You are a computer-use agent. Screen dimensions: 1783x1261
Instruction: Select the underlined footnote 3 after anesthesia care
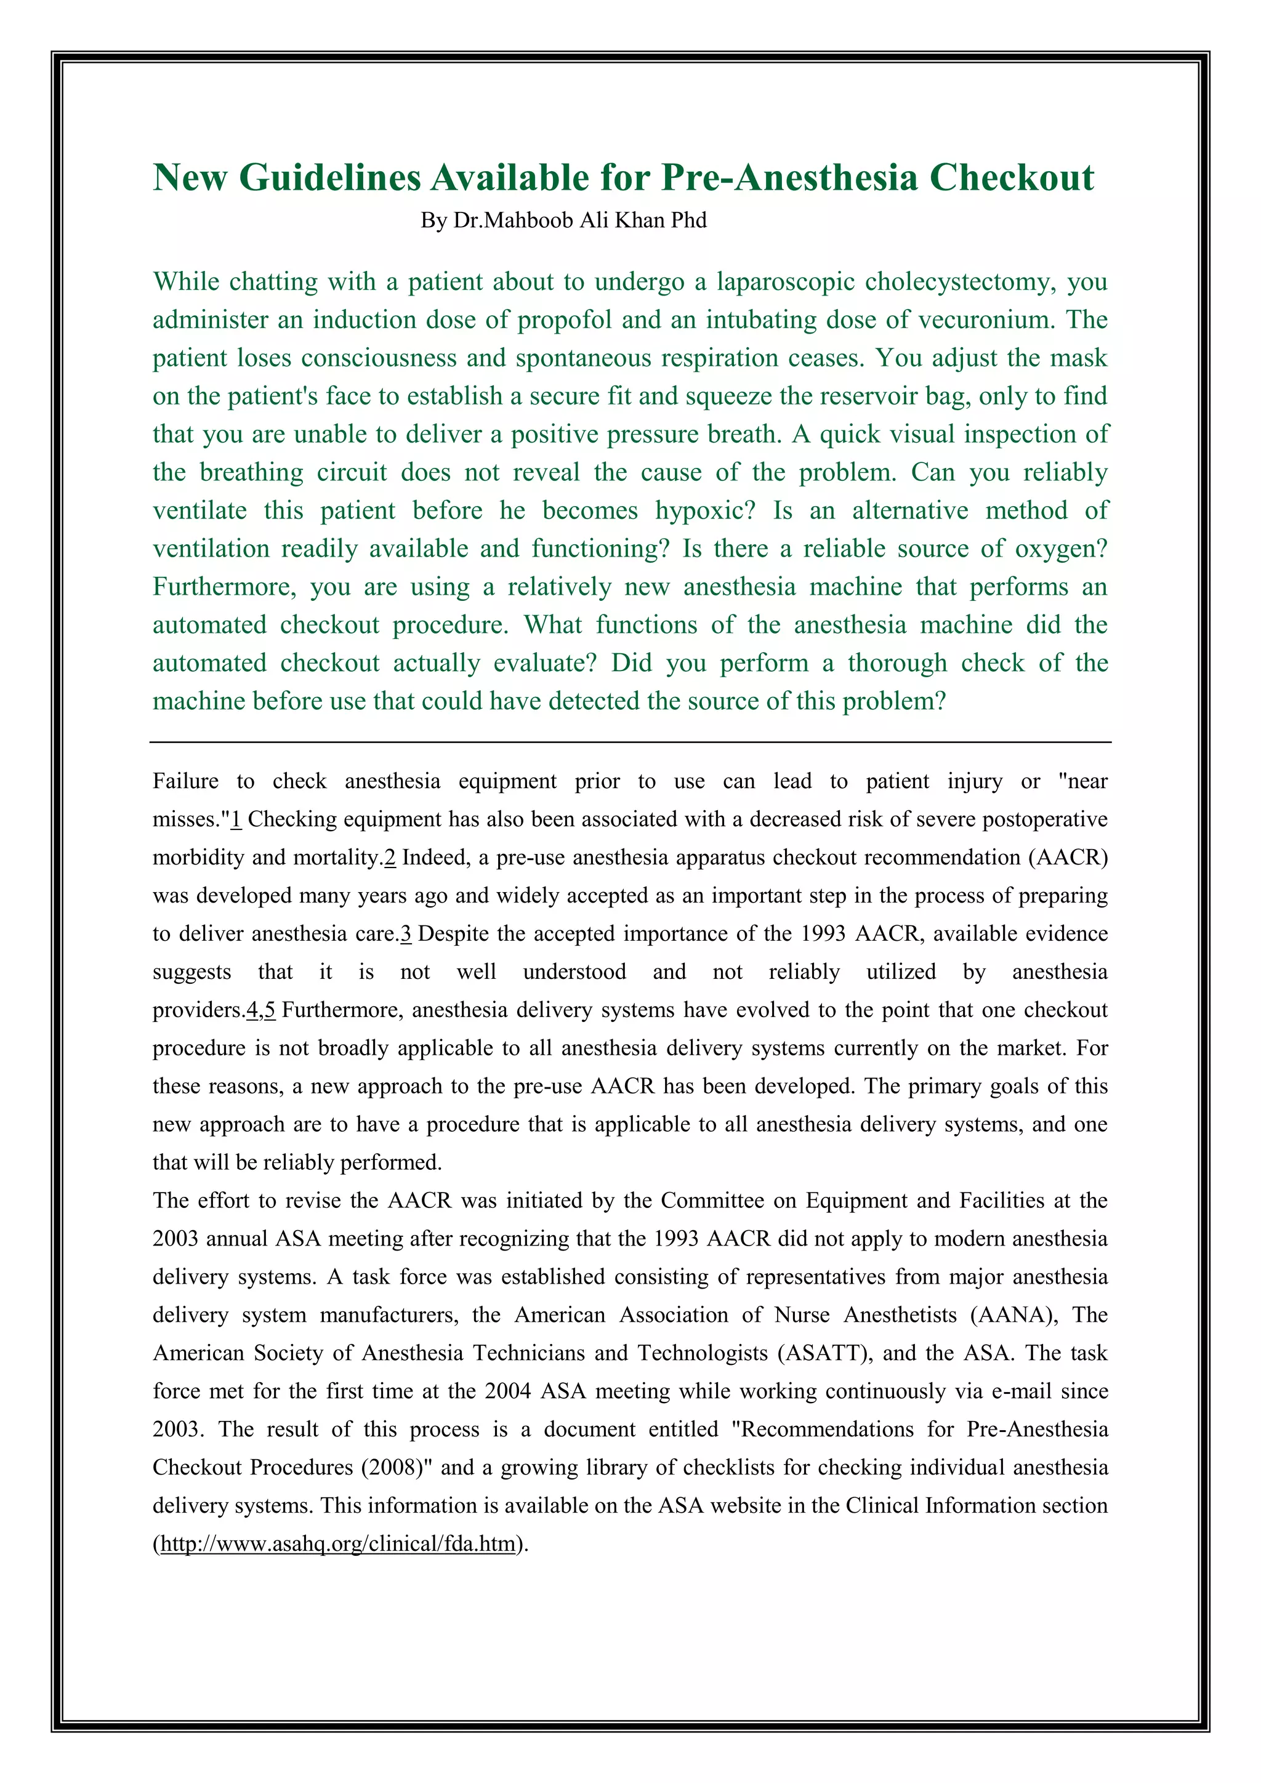pos(405,933)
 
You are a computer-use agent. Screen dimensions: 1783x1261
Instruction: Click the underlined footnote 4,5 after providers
pos(261,1010)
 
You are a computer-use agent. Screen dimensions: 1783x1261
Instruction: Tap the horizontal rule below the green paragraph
pos(630,743)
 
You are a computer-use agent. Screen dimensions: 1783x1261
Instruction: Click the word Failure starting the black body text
pos(185,781)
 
